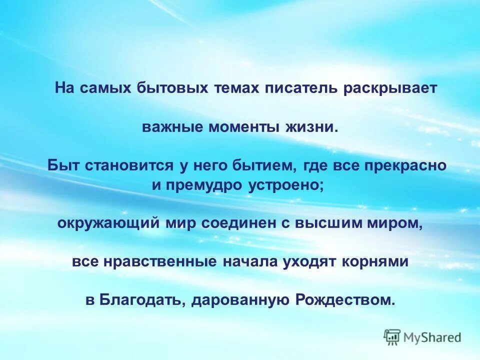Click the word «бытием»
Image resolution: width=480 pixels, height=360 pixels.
(x=265, y=165)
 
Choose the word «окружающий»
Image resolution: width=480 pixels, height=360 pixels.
(x=108, y=223)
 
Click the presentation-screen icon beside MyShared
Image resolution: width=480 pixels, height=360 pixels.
(x=392, y=337)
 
